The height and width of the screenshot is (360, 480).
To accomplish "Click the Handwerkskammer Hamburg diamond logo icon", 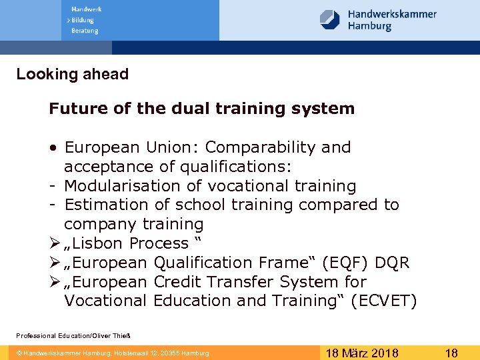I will (330, 19).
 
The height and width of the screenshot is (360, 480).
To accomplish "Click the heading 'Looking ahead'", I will (73, 74).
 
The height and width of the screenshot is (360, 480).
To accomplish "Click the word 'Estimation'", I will (105, 205).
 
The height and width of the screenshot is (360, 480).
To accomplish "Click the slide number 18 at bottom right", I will (451, 353).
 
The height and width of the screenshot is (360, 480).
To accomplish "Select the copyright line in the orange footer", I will (113, 353).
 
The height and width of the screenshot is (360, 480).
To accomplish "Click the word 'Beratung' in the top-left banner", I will (85, 31).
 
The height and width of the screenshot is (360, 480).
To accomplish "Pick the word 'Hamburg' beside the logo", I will (369, 27).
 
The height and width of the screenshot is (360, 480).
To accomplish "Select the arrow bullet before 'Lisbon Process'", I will (54, 243).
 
